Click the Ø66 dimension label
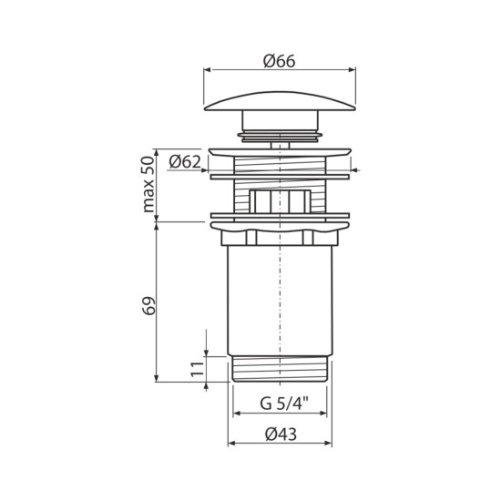tap(280, 60)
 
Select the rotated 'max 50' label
tap(148, 184)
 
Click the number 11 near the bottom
tap(194, 369)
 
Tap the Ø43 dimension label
tap(280, 435)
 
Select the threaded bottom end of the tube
tap(279, 369)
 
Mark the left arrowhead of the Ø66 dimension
tap(207, 71)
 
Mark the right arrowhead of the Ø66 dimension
tap(352, 71)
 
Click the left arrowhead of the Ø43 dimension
tap(229, 445)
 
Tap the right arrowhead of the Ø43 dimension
tap(330, 445)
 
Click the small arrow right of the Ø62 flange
tap(354, 169)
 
